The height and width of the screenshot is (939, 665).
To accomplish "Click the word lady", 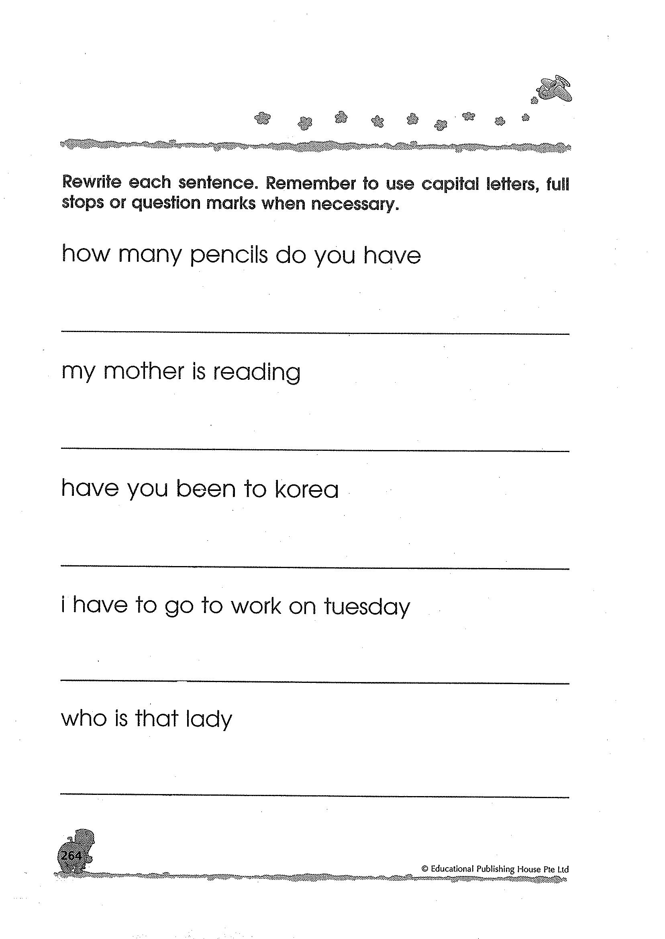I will tap(208, 719).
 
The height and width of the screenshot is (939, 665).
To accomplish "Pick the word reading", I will tap(257, 372).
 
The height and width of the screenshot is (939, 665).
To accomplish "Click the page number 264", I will tap(71, 855).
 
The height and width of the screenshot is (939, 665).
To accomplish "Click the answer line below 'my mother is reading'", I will tap(315, 450).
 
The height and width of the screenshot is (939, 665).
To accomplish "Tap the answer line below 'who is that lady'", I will tap(315, 796).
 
